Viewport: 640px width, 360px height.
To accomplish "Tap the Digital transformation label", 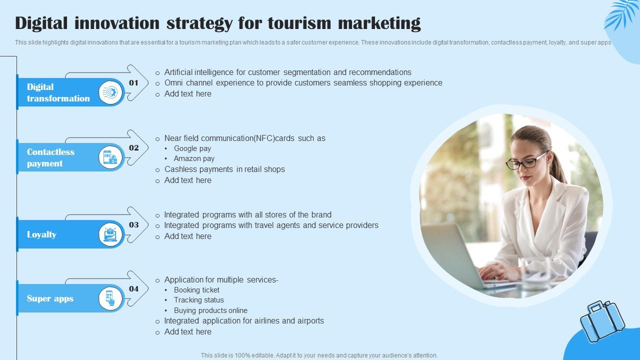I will coord(58,92).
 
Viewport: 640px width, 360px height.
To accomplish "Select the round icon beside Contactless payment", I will coord(110,157).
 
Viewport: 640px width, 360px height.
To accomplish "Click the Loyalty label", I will coord(41,234).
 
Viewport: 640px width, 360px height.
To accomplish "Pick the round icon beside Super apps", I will coord(110,298).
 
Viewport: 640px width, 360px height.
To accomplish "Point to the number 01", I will coord(133,83).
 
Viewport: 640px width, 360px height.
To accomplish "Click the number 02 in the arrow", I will coord(133,147).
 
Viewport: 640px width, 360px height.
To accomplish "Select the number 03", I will coord(133,225).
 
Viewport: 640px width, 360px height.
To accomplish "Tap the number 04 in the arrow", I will coord(133,288).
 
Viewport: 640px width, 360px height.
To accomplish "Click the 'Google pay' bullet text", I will coord(192,148).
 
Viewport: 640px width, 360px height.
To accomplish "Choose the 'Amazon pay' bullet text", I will coord(194,158).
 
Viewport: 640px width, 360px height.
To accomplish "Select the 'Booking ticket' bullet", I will coord(196,290).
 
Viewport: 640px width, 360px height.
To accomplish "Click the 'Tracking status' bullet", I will coord(198,300).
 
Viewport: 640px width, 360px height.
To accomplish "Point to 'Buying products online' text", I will coord(210,310).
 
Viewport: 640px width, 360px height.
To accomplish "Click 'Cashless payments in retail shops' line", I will coord(224,169).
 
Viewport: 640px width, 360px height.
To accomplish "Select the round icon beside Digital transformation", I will coord(110,92).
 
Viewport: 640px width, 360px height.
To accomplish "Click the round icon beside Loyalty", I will coord(110,234).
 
